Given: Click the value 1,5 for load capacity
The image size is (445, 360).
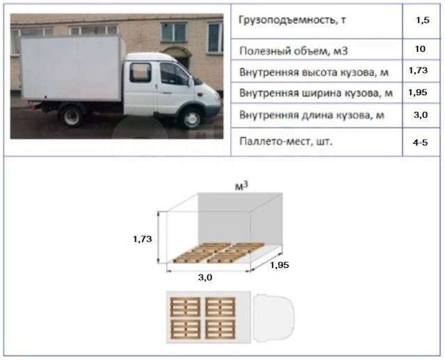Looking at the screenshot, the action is (x=423, y=21).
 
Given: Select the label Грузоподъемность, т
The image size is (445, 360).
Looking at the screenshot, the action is (x=292, y=20).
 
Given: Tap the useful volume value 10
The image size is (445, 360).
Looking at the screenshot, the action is (x=420, y=49).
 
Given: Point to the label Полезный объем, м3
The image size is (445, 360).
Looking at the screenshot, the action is (x=293, y=51).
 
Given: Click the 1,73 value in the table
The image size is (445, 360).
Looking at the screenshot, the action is (x=418, y=71).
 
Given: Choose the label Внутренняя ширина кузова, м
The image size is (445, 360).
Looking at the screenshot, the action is (x=316, y=93).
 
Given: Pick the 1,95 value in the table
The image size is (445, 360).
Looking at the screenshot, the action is (x=418, y=92).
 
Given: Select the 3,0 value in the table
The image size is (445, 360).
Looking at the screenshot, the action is (x=421, y=115).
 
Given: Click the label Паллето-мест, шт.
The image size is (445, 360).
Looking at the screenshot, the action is (x=286, y=141).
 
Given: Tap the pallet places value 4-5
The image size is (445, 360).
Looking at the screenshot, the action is (x=420, y=142).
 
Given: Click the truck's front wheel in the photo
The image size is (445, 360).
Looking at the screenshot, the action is (x=191, y=118).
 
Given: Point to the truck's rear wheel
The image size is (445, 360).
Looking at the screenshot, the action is (x=71, y=115).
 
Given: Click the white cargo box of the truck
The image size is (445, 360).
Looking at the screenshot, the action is (x=72, y=68).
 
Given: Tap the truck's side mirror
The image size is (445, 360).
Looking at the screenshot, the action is (x=190, y=81).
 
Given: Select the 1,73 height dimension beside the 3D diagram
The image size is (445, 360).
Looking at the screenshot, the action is (x=143, y=239).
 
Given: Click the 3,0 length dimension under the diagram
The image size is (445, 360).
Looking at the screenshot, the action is (x=205, y=277).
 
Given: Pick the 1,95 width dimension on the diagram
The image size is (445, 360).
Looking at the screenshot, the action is (x=280, y=265).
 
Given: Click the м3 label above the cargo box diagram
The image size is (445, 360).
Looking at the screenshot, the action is (x=241, y=186).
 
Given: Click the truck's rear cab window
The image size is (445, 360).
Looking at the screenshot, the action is (x=140, y=72).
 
